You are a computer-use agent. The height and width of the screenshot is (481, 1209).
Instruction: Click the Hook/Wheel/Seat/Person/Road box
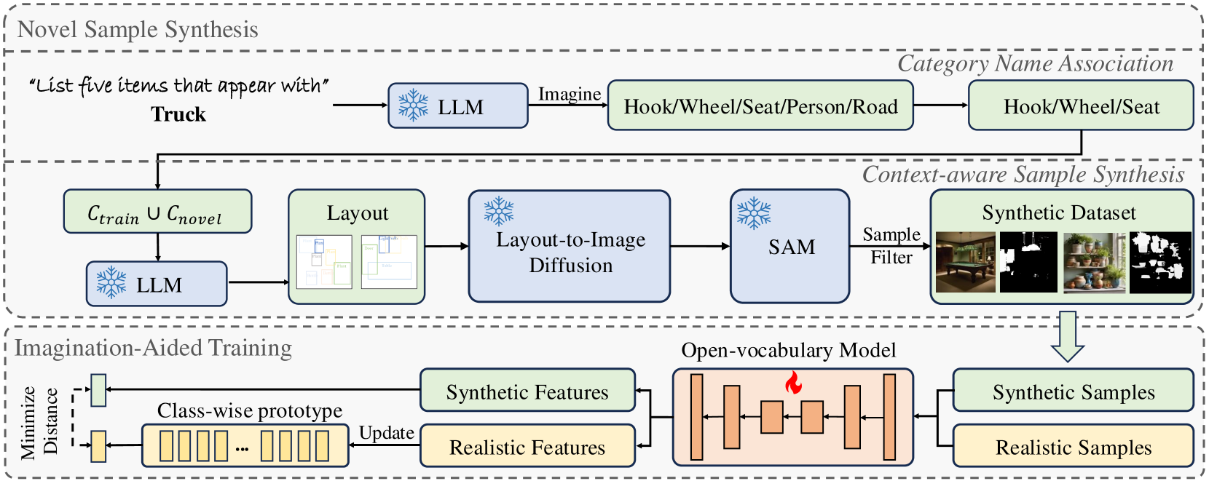[760, 106]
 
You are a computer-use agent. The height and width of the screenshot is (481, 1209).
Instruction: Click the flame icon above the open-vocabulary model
[793, 383]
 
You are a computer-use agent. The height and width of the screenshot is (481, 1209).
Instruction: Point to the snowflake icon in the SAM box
[754, 212]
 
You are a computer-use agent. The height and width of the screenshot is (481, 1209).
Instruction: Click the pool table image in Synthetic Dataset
[965, 262]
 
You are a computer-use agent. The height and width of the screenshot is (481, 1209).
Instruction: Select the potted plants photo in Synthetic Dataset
[1094, 262]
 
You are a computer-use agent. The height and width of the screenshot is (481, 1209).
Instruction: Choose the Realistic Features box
[527, 446]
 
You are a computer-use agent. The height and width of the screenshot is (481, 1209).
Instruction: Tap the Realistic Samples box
[1073, 446]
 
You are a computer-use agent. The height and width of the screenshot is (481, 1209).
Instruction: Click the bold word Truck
[178, 115]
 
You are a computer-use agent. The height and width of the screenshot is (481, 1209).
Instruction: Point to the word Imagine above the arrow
[569, 94]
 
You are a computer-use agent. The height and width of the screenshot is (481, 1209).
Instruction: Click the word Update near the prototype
[386, 433]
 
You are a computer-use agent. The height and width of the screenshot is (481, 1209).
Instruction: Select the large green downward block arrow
[1068, 335]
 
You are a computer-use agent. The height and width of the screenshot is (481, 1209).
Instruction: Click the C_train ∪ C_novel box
[157, 212]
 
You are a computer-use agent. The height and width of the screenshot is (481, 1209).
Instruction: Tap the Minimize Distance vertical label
[39, 422]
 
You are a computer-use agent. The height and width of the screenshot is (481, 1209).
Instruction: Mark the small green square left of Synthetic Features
[98, 390]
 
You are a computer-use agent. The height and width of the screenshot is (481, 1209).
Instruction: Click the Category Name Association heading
[1034, 64]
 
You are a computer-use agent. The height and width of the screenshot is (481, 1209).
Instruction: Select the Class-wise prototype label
[250, 411]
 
